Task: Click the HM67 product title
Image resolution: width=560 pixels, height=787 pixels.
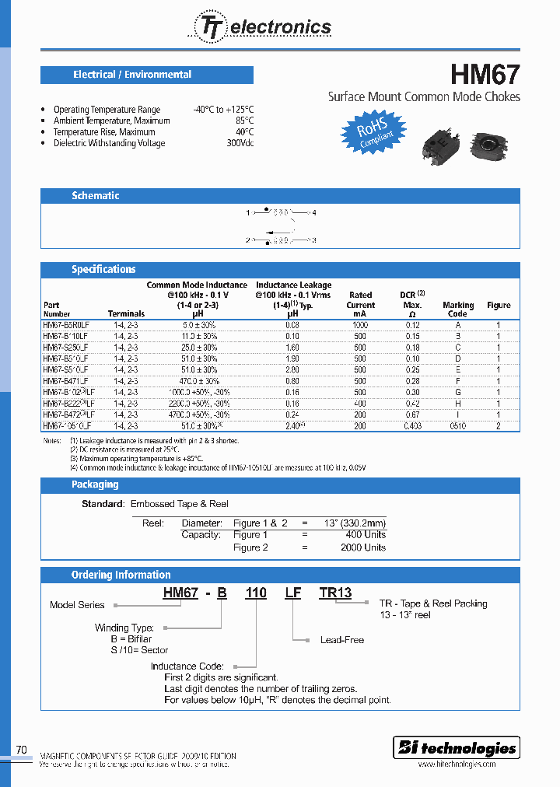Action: pos(485,75)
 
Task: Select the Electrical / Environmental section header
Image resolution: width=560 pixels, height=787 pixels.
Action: pos(132,75)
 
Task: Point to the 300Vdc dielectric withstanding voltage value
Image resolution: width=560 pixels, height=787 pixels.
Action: pos(240,143)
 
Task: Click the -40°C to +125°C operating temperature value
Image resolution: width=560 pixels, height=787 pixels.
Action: pos(223,110)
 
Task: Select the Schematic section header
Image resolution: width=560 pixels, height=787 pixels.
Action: pos(96,196)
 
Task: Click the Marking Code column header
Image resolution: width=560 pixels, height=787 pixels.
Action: pos(458,310)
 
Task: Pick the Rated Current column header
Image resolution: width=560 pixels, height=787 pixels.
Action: pos(361,304)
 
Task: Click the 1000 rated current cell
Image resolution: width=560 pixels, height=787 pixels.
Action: pos(361,324)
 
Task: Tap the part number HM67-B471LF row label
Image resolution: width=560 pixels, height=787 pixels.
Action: pos(67,381)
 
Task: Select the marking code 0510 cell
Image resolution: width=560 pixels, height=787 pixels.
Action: pos(457,426)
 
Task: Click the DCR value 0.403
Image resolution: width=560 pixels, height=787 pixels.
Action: pos(412,426)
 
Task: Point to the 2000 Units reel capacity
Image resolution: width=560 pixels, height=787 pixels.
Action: pos(363,547)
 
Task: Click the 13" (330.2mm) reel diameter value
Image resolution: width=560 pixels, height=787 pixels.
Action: pos(354,523)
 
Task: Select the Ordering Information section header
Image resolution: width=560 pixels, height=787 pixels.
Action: pos(121,575)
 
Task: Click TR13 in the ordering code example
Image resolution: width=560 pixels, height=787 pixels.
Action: pos(335,593)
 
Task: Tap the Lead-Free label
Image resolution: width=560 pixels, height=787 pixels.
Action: pos(342,640)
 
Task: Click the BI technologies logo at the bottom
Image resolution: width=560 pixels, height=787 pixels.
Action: pos(457,748)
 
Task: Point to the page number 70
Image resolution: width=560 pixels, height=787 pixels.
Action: pos(22,750)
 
